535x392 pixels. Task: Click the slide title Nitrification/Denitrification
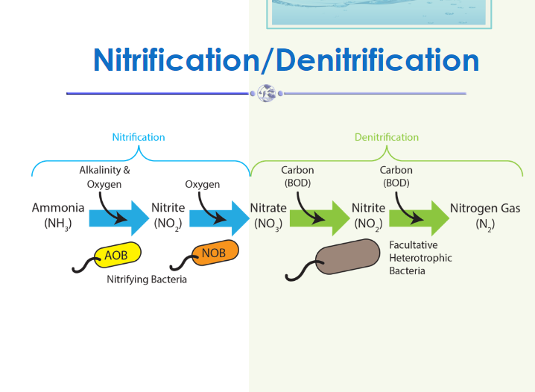pos(286,60)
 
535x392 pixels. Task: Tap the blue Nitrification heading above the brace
pos(139,137)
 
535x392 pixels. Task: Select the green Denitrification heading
pos(386,137)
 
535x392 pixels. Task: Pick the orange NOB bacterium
pos(215,253)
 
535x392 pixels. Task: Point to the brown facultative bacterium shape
pos(346,258)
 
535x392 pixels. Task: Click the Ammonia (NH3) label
pos(58,215)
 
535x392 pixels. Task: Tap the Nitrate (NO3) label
pos(267,215)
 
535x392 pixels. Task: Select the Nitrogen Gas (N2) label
pos(485,215)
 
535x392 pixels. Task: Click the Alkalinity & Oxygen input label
pos(104,177)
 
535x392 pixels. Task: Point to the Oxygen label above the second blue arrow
pos(203,184)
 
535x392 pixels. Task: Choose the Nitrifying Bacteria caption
pos(147,279)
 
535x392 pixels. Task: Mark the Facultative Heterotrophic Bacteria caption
pos(420,258)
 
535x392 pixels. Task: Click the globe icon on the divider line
pos(266,93)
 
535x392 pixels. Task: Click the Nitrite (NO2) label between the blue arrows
pos(168,215)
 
